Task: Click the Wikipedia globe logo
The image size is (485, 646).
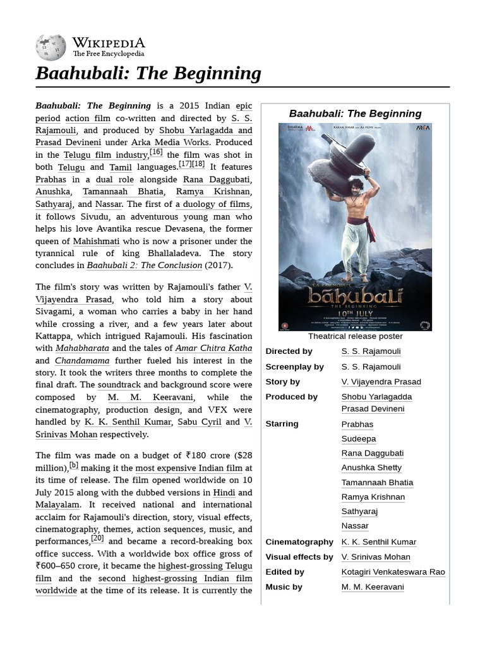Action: [51, 48]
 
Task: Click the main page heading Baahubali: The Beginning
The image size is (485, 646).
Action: [148, 73]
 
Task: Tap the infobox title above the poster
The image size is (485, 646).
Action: [355, 114]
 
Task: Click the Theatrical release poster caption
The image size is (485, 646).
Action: [355, 336]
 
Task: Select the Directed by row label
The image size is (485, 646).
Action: [289, 351]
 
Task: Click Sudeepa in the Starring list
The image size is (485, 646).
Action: [358, 438]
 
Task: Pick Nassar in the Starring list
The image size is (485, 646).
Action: [355, 526]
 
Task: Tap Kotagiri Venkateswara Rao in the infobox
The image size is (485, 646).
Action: [393, 572]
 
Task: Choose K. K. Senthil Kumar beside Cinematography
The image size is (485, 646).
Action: [379, 542]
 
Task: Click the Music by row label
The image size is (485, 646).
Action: [284, 587]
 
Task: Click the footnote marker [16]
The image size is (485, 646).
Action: [156, 151]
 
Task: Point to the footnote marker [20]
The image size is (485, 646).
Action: [97, 538]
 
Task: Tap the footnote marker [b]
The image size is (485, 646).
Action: [74, 465]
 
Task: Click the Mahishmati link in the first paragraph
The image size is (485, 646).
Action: [96, 241]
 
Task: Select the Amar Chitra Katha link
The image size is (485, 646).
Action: [213, 348]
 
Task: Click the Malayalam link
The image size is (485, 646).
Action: [57, 505]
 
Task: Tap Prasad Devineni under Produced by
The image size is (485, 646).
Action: [373, 409]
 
